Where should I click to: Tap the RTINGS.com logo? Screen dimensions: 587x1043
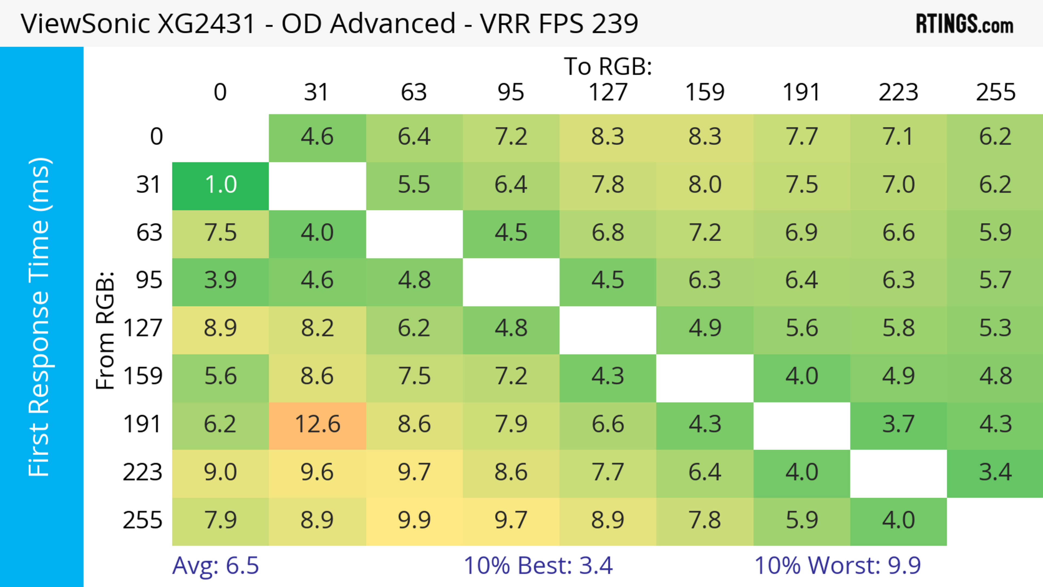click(x=965, y=24)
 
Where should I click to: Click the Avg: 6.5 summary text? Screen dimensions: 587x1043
click(x=215, y=565)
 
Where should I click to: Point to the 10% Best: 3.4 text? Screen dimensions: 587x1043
click(x=538, y=565)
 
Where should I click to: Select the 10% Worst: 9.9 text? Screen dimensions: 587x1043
click(x=837, y=565)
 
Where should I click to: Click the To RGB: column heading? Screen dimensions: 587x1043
click(x=608, y=66)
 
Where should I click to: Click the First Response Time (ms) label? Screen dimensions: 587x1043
click(x=40, y=316)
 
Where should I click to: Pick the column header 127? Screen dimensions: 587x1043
click(x=608, y=92)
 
